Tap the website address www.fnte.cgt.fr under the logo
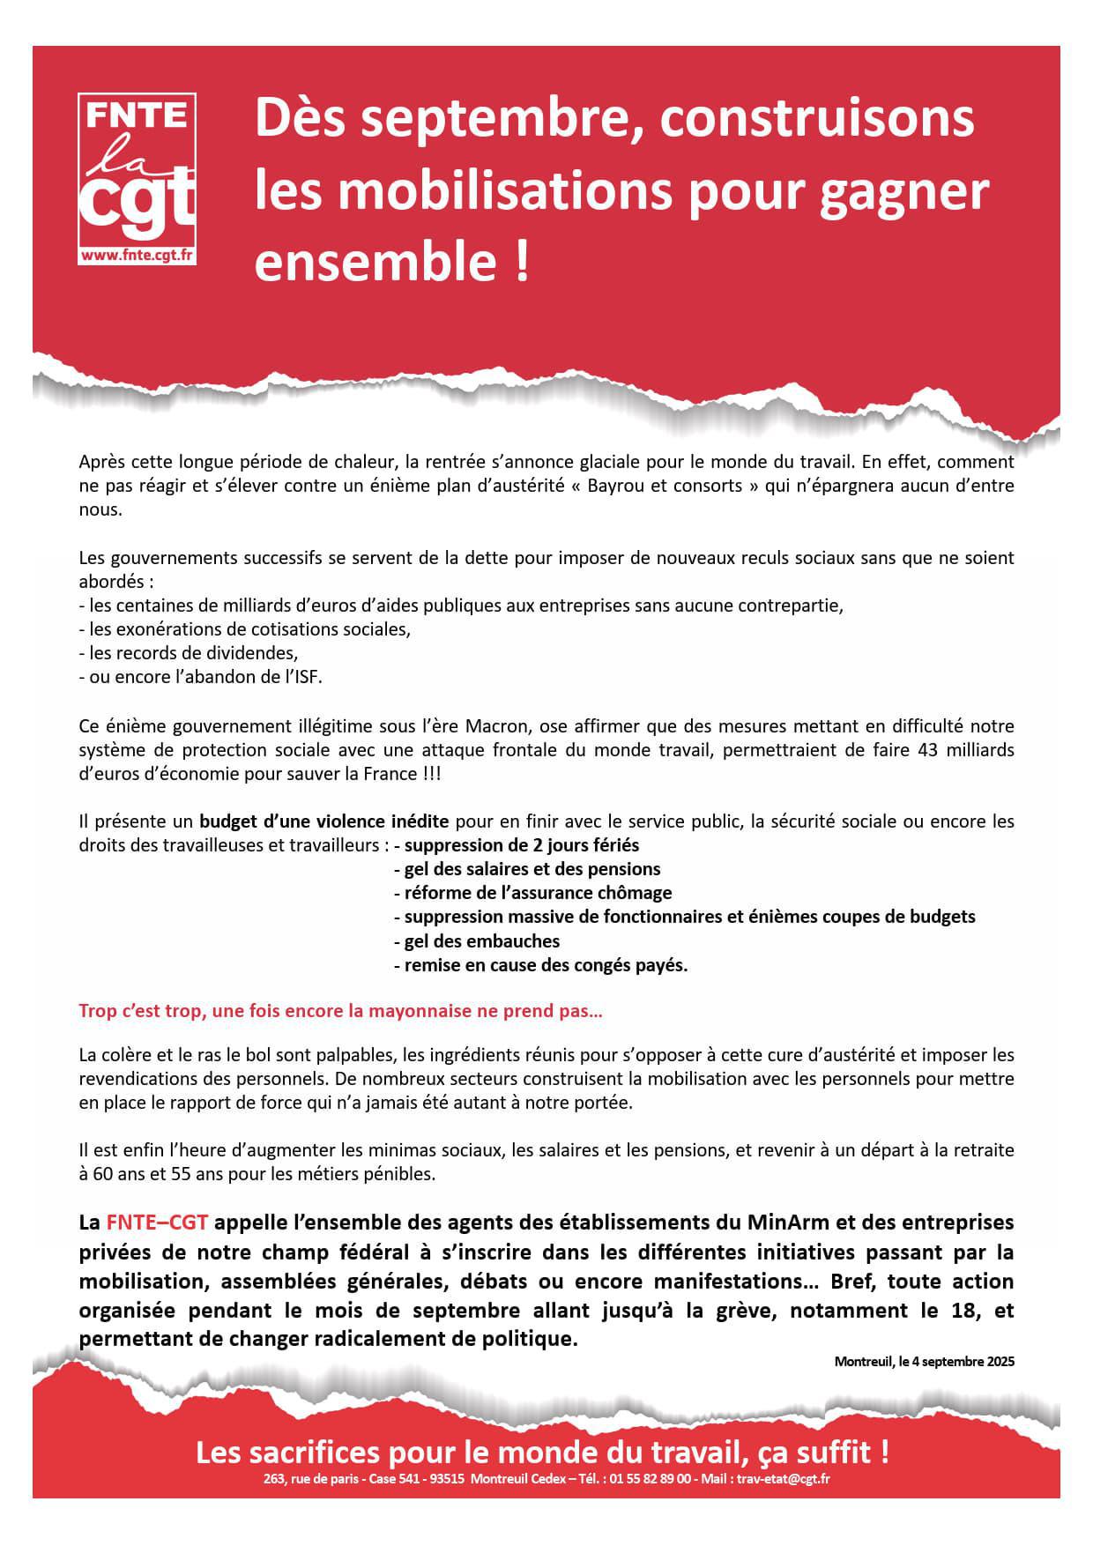click(x=137, y=255)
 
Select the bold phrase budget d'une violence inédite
click(x=324, y=821)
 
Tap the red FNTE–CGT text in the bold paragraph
click(x=157, y=1223)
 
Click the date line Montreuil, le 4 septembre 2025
click(x=924, y=1361)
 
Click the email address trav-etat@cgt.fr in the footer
click(x=784, y=1479)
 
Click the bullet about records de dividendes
click(x=193, y=653)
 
